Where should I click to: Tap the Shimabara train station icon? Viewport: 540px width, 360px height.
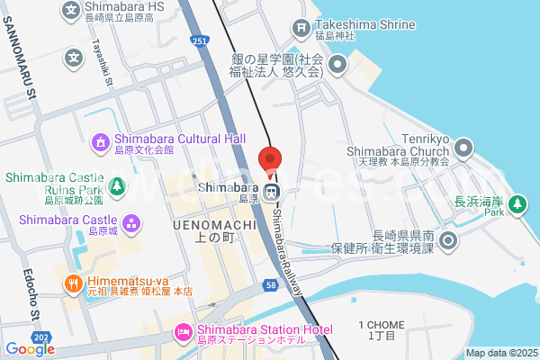pos(281,191)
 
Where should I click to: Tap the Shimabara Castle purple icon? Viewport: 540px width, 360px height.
pos(131,220)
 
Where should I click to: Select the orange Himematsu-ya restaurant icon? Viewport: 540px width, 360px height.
pos(72,283)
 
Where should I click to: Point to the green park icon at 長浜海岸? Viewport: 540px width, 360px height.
pos(517,205)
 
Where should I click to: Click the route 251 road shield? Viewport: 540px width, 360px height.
pos(200,41)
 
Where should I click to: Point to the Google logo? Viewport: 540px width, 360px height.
pos(30,349)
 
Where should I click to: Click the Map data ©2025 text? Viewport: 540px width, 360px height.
pos(500,353)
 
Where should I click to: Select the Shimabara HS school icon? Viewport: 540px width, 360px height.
pos(72,10)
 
